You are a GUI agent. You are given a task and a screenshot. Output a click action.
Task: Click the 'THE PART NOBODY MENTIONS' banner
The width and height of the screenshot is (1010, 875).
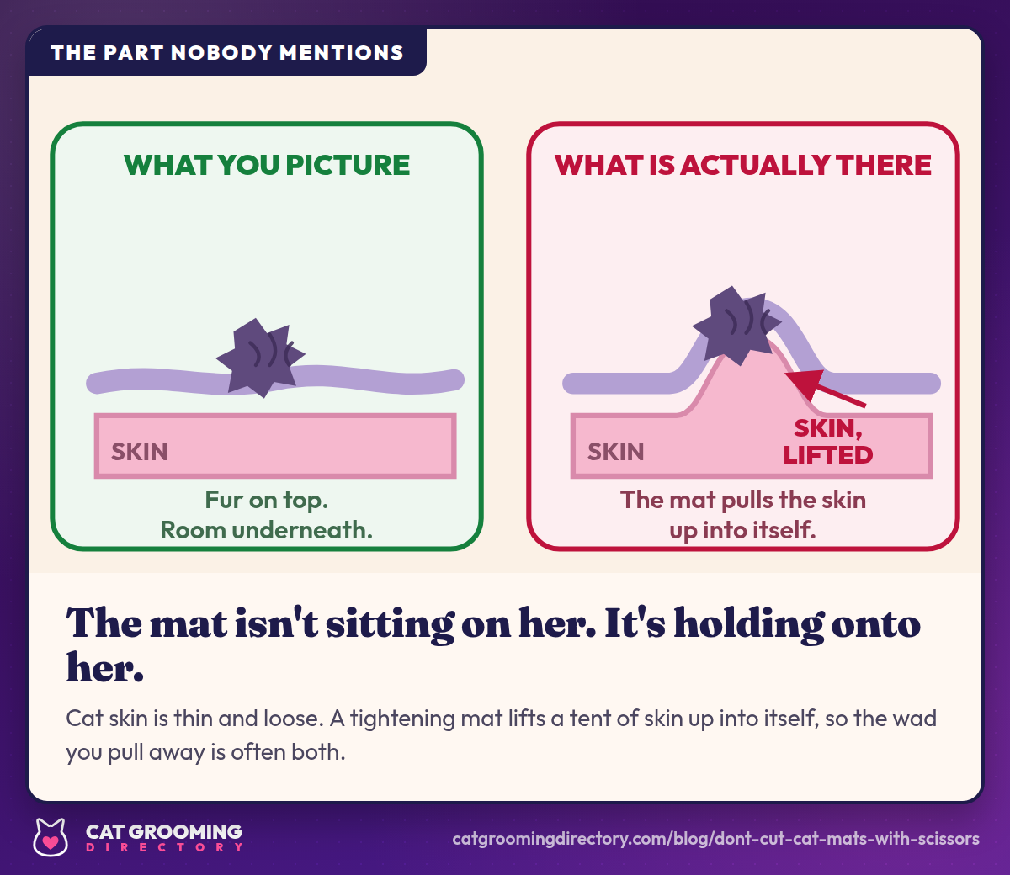(227, 52)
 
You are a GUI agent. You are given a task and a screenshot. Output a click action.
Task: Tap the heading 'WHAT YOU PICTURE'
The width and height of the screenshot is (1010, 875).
(267, 165)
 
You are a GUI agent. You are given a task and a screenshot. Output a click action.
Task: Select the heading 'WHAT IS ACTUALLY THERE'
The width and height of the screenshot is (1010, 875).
(742, 165)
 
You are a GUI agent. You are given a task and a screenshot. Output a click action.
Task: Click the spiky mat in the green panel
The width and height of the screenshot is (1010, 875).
(260, 358)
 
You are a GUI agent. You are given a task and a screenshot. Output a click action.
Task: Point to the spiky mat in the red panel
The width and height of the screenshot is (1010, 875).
(736, 326)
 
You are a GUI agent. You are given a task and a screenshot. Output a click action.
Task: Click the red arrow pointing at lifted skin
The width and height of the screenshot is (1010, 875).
(825, 388)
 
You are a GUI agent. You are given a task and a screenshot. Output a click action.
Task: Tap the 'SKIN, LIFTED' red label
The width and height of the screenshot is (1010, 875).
(827, 442)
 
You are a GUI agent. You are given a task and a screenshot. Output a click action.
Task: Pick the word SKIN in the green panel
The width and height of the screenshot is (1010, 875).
(139, 452)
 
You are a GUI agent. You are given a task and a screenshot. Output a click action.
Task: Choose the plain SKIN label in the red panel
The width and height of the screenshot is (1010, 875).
(615, 452)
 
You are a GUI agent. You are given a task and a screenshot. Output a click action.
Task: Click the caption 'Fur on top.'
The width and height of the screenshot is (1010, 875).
(266, 500)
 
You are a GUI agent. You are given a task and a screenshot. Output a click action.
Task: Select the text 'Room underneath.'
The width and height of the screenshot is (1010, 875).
(266, 529)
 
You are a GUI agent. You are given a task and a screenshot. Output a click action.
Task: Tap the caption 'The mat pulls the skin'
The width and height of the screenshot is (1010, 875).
(742, 500)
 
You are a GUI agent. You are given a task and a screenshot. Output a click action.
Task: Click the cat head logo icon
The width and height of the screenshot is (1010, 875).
(50, 837)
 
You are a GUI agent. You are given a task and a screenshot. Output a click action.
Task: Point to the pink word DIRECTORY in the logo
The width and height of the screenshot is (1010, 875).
(164, 847)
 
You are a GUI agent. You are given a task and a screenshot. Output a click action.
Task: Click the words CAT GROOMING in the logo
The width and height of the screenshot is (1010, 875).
(164, 831)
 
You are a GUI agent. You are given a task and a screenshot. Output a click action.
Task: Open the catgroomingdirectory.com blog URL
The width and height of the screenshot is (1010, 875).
(716, 839)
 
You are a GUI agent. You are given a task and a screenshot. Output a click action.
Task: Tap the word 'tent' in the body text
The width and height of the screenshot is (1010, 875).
(589, 719)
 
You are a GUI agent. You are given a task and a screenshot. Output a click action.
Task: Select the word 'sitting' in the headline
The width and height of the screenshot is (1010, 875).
(390, 625)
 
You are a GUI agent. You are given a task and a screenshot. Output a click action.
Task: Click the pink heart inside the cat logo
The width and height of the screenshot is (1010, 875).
(50, 842)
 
